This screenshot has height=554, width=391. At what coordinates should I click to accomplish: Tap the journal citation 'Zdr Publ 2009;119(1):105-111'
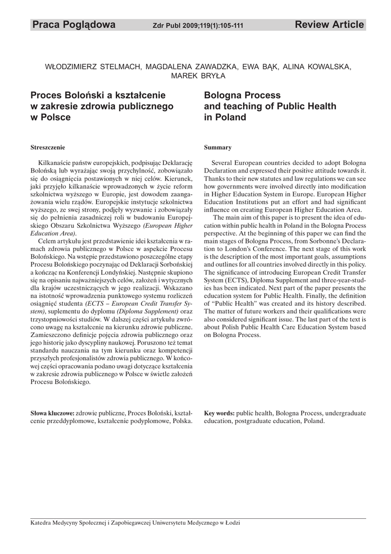click(198, 26)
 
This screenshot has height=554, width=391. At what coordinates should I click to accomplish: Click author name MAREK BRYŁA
click(195, 76)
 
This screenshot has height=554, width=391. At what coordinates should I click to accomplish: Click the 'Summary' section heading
click(218, 147)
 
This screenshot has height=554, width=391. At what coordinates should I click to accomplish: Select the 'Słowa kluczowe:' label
click(53, 413)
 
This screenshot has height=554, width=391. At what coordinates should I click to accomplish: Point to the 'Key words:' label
click(219, 413)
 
